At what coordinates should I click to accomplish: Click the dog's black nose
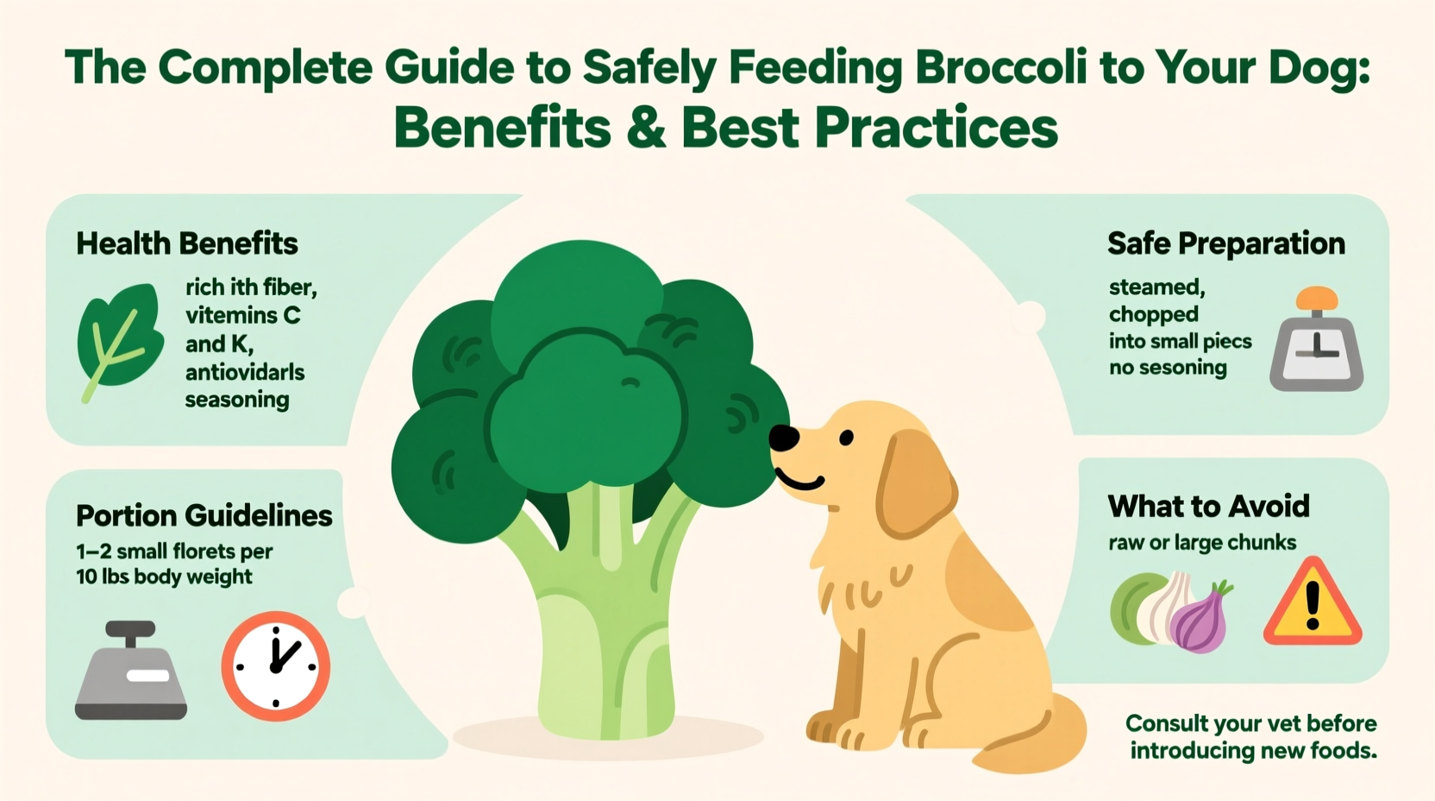pos(783,438)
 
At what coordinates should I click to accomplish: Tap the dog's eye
pos(846,438)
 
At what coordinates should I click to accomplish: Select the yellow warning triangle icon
pos(1312,604)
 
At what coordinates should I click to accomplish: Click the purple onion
pos(1200,619)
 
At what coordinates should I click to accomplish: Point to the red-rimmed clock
pos(275,665)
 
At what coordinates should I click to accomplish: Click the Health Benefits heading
pos(187,244)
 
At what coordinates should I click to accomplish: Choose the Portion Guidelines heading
pos(204,515)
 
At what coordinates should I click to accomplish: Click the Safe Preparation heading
pos(1225,244)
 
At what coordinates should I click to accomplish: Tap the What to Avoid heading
pos(1208,506)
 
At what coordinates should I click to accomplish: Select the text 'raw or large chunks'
pos(1201,543)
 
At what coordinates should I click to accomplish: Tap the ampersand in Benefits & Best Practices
pos(646,128)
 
